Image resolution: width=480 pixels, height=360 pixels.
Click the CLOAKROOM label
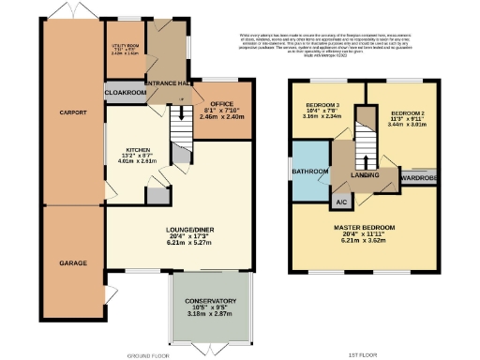[126, 93]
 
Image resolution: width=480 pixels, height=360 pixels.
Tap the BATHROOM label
[309, 172]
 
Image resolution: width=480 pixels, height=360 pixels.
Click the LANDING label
[365, 172]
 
